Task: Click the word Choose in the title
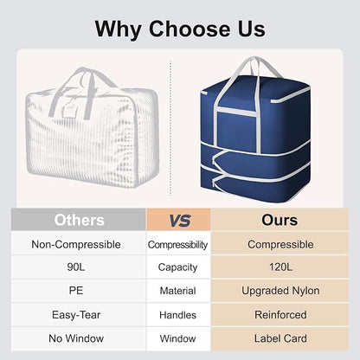coord(190,29)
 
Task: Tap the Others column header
coord(79,220)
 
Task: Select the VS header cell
coord(178,220)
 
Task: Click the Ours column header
coord(280,220)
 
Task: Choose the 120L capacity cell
coord(280,267)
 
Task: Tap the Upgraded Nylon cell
coord(280,291)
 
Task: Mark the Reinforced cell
coord(280,315)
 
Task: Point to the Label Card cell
coord(280,338)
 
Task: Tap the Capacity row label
coord(177,267)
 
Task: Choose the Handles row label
coord(177,315)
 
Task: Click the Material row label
coord(177,291)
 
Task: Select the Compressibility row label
coord(177,245)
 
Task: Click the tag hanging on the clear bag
coord(70,108)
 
